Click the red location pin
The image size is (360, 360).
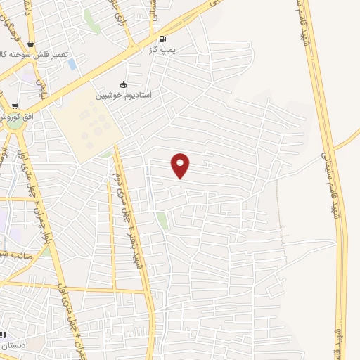tap(181, 165)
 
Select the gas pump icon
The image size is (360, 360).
tap(162, 39)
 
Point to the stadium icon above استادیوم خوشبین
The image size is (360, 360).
tap(124, 85)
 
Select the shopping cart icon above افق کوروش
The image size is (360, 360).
tap(15, 105)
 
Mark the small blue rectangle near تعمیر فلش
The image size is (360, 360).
tap(72, 64)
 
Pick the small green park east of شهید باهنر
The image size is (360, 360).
tap(162, 220)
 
